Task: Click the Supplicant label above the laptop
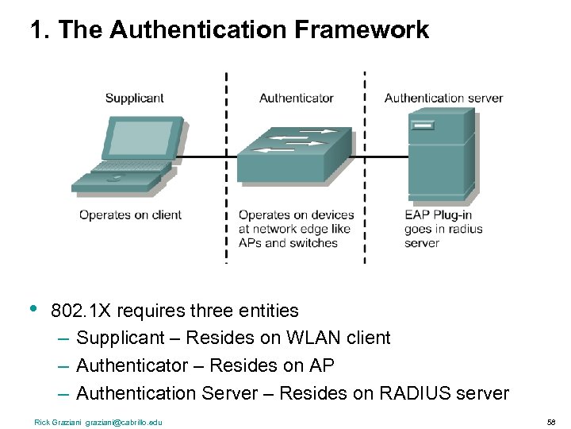(x=134, y=99)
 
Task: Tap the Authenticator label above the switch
(x=296, y=99)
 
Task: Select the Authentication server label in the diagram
(x=443, y=99)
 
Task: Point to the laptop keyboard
(x=127, y=168)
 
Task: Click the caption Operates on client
(x=130, y=215)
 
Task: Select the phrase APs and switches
(x=288, y=243)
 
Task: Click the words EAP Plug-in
(x=438, y=215)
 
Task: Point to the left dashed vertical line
(x=227, y=167)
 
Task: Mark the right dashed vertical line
(x=365, y=167)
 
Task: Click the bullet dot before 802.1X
(x=33, y=308)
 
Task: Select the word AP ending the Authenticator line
(x=323, y=365)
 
